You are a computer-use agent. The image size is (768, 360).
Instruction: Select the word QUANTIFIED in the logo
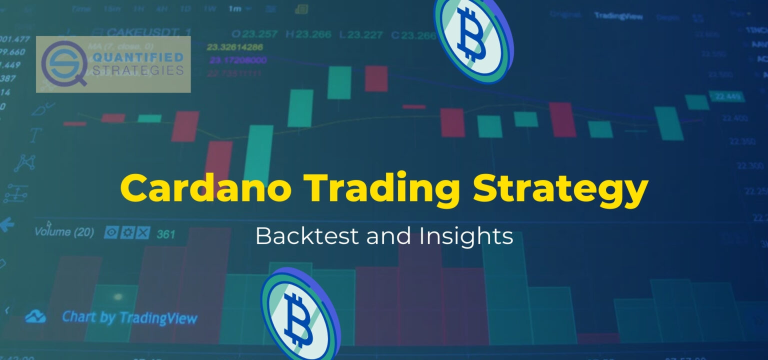137,58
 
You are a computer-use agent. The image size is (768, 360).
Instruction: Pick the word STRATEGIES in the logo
137,70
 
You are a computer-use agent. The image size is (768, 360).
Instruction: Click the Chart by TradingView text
129,317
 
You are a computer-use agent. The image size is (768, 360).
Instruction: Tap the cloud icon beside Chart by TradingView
36,317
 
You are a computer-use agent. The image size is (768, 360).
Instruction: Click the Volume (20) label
64,232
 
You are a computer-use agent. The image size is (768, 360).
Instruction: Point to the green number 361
166,234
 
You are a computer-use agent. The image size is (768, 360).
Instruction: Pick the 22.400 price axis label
735,118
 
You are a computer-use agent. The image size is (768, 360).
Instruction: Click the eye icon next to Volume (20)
111,232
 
